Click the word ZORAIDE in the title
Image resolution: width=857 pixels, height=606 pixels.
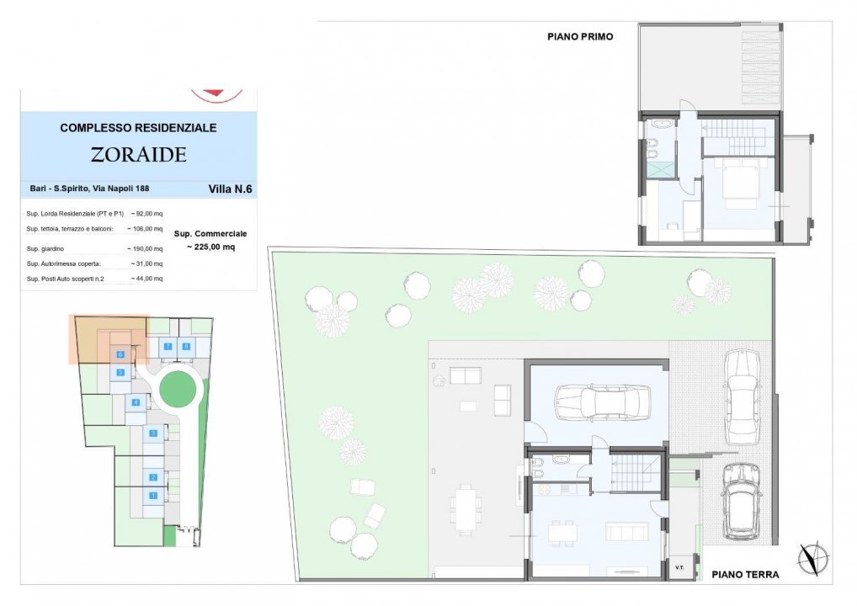138,155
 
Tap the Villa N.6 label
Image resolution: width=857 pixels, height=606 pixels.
230,189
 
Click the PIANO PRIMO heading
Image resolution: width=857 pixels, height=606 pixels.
580,36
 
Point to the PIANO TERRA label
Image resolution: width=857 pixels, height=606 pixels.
745,574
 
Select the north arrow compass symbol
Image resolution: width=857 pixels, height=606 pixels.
814,559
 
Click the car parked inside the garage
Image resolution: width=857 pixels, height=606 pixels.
602,401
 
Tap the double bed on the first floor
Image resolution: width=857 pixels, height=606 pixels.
739,183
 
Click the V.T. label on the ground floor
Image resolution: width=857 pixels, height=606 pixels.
679,567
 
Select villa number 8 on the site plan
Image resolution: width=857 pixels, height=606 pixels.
186,347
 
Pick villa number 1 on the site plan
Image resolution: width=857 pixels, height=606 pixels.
153,496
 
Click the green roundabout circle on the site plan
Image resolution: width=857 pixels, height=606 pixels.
178,389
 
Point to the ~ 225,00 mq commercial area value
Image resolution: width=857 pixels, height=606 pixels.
211,247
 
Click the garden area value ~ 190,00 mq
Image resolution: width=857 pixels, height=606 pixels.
145,248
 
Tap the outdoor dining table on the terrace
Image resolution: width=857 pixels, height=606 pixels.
466,507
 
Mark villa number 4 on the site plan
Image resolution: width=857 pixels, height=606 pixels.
136,402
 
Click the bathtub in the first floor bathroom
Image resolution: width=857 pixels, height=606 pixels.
662,125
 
